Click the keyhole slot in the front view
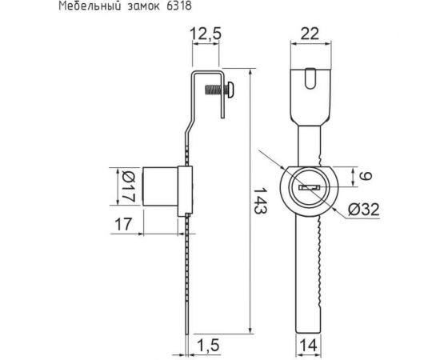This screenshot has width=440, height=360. (x=310, y=188)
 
